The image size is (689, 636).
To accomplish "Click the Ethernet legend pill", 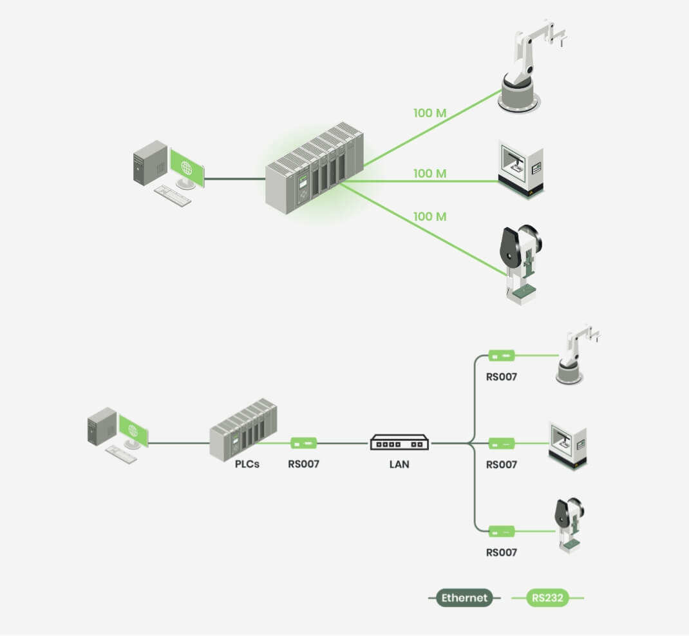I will pyautogui.click(x=465, y=598).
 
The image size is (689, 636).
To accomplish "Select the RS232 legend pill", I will pyautogui.click(x=548, y=598).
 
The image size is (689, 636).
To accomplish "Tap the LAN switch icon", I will pyautogui.click(x=399, y=443).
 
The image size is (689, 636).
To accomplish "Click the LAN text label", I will pyautogui.click(x=399, y=464).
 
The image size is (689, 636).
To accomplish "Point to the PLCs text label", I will pyautogui.click(x=247, y=463).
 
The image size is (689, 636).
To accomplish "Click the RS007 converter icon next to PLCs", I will pyautogui.click(x=304, y=443).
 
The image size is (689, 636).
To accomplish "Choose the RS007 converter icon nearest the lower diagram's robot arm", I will pyautogui.click(x=501, y=355).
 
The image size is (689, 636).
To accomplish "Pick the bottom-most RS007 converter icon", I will pyautogui.click(x=501, y=531).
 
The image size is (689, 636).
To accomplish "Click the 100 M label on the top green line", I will pyautogui.click(x=430, y=113).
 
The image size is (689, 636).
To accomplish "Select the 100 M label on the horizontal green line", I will pyautogui.click(x=430, y=173).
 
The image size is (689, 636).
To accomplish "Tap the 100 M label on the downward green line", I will pyautogui.click(x=430, y=216).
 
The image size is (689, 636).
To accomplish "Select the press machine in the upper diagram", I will pyautogui.click(x=522, y=264).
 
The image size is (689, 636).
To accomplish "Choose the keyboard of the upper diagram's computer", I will pyautogui.click(x=173, y=194).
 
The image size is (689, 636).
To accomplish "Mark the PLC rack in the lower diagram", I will pyautogui.click(x=243, y=430).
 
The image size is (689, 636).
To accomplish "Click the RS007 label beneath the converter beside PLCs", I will pyautogui.click(x=304, y=464).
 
